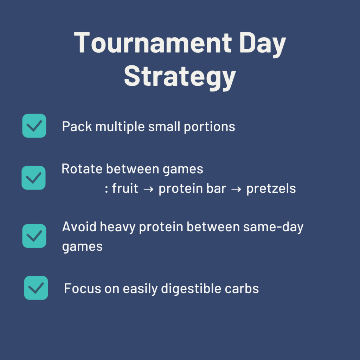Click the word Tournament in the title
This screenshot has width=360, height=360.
(153, 43)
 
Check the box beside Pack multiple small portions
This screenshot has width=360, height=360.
(34, 126)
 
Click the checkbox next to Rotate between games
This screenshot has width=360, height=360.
(33, 178)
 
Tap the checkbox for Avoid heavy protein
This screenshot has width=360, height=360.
(34, 236)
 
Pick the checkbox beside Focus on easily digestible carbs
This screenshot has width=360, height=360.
(36, 288)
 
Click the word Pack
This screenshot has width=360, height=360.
(77, 126)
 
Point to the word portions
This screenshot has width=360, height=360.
(210, 127)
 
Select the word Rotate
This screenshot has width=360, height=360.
(82, 169)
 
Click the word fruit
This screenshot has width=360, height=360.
(125, 188)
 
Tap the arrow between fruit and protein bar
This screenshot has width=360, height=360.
(148, 189)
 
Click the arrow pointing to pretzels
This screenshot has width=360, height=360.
(236, 189)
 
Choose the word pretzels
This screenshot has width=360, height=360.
(271, 189)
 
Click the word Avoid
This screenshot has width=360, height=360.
(79, 227)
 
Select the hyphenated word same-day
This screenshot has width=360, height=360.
(273, 227)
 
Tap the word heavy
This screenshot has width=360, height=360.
(117, 227)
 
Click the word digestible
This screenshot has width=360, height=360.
(191, 289)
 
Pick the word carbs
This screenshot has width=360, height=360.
(242, 288)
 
